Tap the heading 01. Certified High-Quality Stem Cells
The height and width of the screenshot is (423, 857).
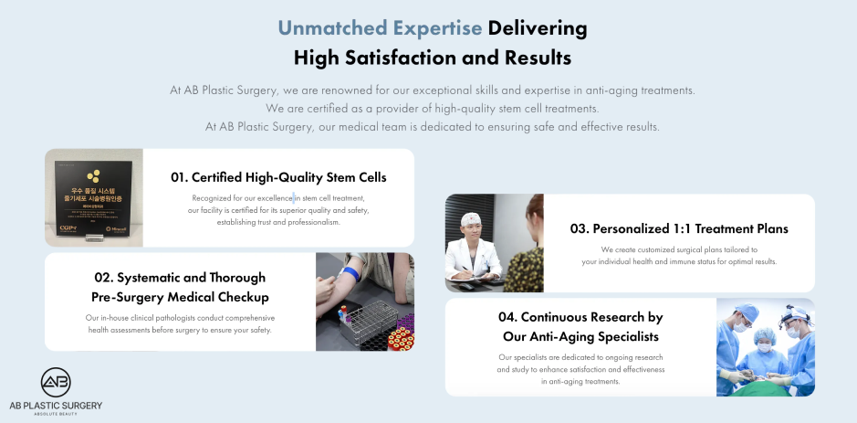click(278, 177)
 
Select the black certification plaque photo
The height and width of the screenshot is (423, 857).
click(94, 197)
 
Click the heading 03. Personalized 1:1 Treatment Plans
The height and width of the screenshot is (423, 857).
click(679, 228)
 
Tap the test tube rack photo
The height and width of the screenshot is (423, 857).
click(365, 301)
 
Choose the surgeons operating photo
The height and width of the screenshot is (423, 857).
click(765, 347)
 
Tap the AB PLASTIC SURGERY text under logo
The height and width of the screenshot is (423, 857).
click(56, 405)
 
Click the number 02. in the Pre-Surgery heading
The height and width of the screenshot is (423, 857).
click(104, 277)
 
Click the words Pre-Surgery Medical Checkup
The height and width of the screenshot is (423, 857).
click(180, 297)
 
